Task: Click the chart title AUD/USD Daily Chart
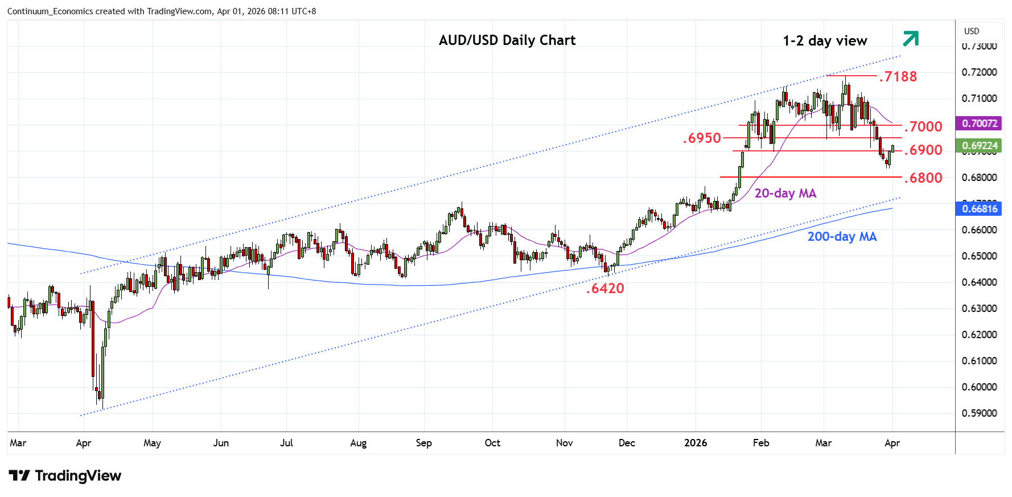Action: (x=507, y=40)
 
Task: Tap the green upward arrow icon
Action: (x=911, y=39)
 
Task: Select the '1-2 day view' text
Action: (x=825, y=41)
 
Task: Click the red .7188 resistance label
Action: (x=898, y=76)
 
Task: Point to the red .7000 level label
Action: (x=923, y=126)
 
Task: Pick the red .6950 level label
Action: (x=702, y=138)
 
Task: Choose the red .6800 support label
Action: (x=923, y=178)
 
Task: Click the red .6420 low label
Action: (x=605, y=288)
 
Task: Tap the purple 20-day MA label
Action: (x=785, y=194)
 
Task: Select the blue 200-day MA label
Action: (x=842, y=237)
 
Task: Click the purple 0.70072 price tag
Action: (x=979, y=124)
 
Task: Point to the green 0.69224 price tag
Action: (x=979, y=146)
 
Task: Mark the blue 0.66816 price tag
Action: (x=979, y=209)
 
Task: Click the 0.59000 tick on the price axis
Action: (x=979, y=413)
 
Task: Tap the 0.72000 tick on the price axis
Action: (x=979, y=72)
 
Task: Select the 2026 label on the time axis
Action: (x=696, y=443)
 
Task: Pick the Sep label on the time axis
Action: (x=424, y=443)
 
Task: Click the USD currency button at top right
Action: (x=972, y=31)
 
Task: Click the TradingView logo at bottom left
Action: (x=65, y=476)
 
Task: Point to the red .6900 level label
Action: (x=923, y=150)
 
